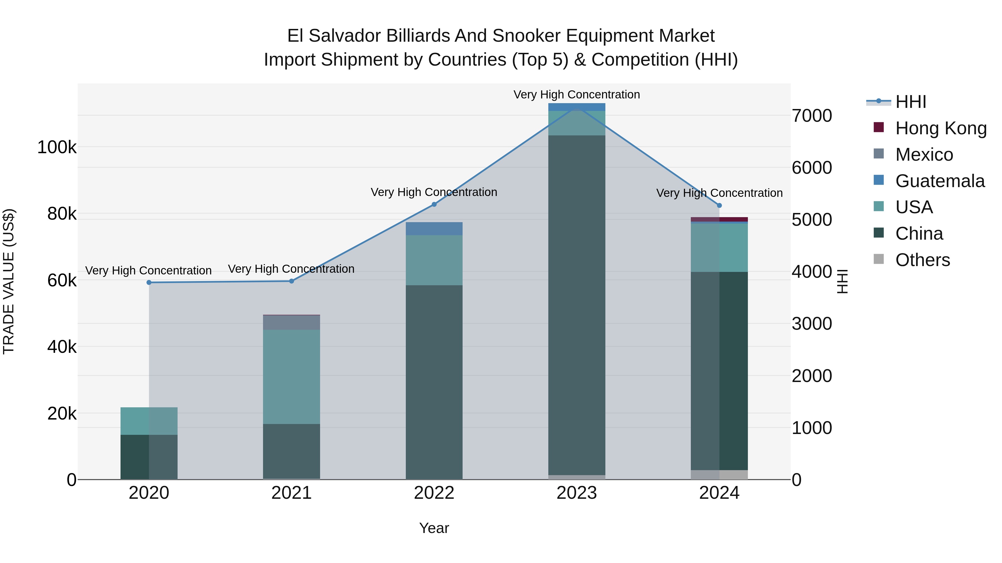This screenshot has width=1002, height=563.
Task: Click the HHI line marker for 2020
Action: click(149, 282)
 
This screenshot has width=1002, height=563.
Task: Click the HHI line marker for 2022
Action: click(434, 204)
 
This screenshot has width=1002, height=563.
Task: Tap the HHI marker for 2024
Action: click(719, 205)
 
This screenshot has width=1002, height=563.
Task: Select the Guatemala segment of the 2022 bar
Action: click(434, 229)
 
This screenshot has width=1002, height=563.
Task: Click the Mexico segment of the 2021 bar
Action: click(291, 323)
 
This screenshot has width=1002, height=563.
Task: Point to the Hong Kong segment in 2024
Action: click(719, 220)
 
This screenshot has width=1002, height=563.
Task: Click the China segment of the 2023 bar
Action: click(577, 305)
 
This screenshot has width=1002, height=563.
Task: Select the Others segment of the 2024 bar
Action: click(719, 475)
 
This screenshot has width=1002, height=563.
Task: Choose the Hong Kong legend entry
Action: click(940, 128)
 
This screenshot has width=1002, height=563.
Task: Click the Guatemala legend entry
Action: click(940, 181)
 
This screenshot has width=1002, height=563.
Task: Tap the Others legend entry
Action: click(922, 260)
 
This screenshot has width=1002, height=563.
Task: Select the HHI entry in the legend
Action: click(910, 102)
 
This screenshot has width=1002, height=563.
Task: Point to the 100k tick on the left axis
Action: click(57, 148)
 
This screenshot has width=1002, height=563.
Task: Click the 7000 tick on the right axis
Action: click(812, 116)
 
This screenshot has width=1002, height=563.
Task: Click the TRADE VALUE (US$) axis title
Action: click(9, 281)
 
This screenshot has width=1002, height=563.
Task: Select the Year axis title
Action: click(434, 528)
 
